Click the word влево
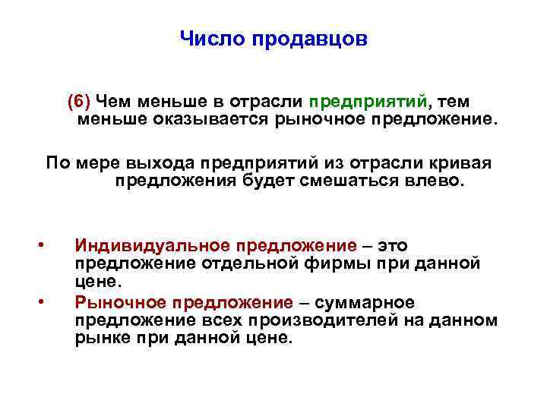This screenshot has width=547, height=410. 433,181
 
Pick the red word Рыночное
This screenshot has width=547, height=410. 121,302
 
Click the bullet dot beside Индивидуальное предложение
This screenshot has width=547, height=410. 43,245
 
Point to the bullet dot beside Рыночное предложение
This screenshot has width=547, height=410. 43,302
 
